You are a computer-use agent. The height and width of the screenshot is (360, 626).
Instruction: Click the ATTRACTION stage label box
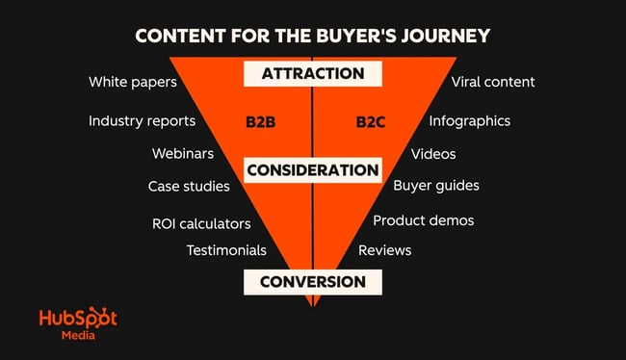[312, 73]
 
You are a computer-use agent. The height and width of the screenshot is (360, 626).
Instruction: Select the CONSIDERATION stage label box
[312, 170]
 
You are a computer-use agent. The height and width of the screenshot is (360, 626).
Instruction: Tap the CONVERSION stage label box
[312, 282]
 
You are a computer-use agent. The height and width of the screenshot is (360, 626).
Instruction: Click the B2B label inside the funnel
[263, 122]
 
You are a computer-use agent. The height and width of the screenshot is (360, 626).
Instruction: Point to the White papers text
[133, 82]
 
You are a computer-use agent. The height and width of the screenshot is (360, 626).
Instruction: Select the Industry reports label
[142, 121]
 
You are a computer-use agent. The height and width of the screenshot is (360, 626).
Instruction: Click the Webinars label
[183, 154]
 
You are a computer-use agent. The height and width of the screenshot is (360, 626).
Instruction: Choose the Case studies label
[189, 186]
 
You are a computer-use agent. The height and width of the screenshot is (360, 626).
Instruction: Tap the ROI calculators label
[201, 223]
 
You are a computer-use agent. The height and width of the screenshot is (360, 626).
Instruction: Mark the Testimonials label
[226, 250]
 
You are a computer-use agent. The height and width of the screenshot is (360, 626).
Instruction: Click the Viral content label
[493, 82]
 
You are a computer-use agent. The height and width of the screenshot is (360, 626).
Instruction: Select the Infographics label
[470, 121]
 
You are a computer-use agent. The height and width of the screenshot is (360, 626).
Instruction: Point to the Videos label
[433, 154]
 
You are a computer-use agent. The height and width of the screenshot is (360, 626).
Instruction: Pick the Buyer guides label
[436, 186]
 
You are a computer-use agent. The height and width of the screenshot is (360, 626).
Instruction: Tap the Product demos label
[424, 220]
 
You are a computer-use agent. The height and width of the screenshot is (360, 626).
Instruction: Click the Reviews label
[384, 250]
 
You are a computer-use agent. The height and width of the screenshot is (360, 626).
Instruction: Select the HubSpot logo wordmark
[78, 320]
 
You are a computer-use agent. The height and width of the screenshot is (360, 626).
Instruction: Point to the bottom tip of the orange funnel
[312, 305]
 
